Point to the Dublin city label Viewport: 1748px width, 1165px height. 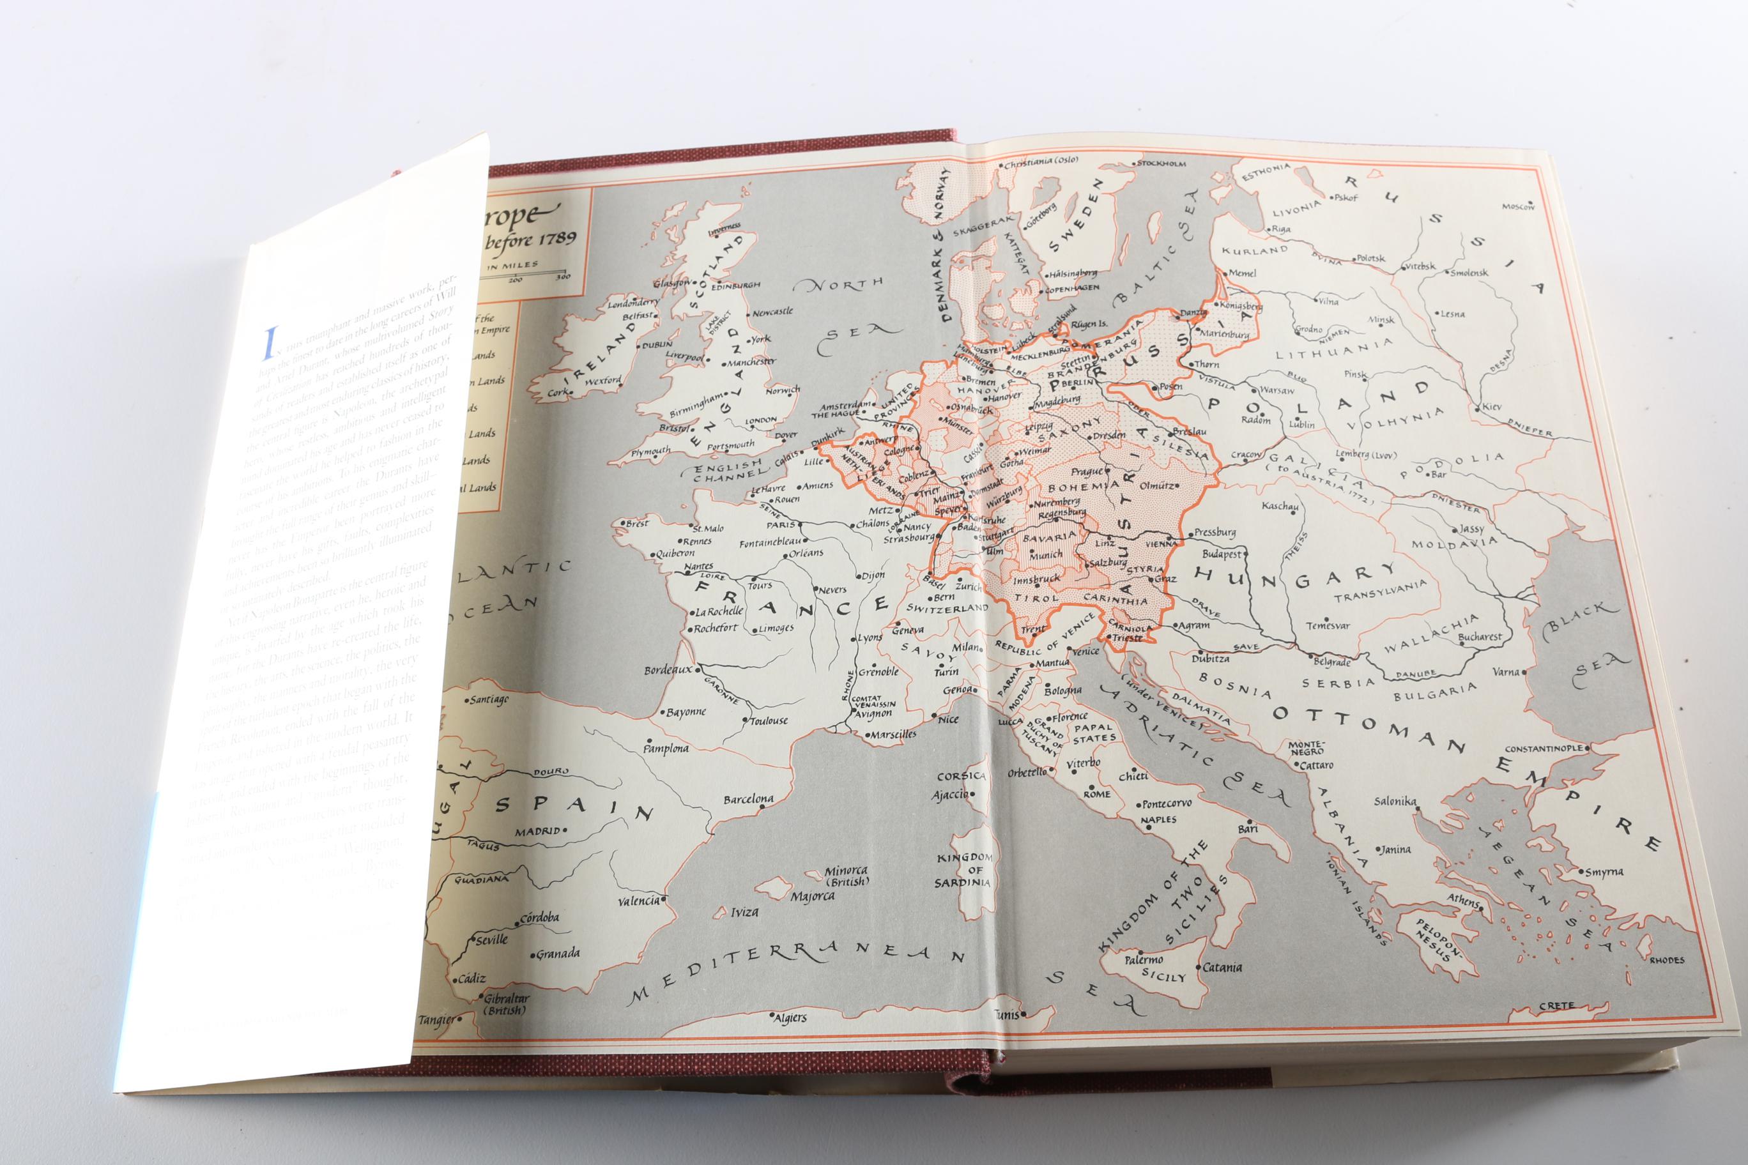coord(657,344)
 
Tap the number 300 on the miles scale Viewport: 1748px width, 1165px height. coord(563,278)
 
